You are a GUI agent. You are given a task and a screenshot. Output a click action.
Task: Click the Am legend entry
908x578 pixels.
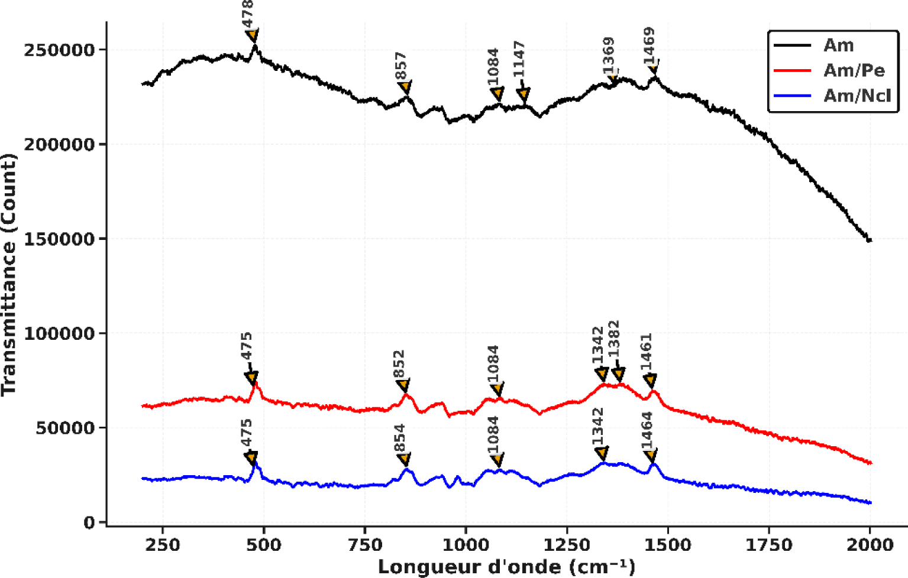pyautogui.click(x=838, y=46)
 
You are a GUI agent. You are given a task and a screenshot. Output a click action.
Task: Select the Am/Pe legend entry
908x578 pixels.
pyautogui.click(x=854, y=70)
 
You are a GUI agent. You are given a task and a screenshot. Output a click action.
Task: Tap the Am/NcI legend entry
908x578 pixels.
pyautogui.click(x=857, y=95)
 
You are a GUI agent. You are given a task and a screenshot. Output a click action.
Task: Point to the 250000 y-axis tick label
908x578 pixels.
pyautogui.click(x=59, y=50)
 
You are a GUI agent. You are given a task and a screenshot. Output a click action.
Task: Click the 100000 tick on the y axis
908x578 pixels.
pyautogui.click(x=59, y=333)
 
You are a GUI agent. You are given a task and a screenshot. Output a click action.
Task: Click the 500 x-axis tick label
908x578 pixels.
pyautogui.click(x=263, y=545)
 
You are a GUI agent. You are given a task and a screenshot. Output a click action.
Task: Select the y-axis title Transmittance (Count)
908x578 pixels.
pyautogui.click(x=9, y=275)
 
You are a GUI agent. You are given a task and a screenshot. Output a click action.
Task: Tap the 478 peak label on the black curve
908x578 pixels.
pyautogui.click(x=248, y=13)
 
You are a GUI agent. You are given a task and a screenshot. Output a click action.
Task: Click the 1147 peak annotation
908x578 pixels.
pyautogui.click(x=519, y=59)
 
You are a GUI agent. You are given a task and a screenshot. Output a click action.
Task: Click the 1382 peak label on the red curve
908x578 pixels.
pyautogui.click(x=613, y=339)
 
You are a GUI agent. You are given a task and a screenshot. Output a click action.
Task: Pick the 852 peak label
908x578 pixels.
pyautogui.click(x=399, y=365)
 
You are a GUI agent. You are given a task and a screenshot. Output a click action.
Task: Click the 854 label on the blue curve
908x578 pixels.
pyautogui.click(x=399, y=439)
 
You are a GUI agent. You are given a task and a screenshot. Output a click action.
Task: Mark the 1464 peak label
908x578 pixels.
pyautogui.click(x=647, y=431)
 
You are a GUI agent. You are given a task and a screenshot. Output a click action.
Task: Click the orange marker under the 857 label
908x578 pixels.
pyautogui.click(x=405, y=88)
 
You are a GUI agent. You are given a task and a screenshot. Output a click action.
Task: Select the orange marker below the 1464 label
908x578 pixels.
pyautogui.click(x=651, y=455)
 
